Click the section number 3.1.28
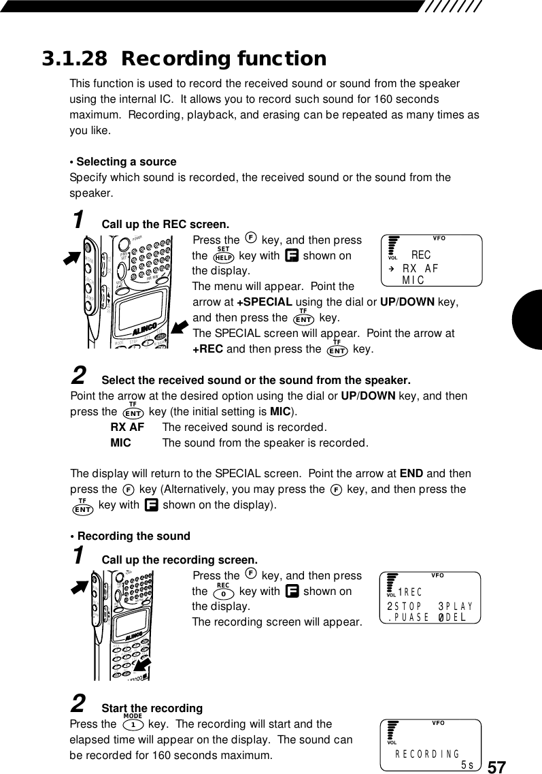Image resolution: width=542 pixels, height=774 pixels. pos(75,59)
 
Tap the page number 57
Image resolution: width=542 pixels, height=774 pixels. pos(497,767)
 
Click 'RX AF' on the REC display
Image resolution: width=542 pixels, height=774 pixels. pos(420,268)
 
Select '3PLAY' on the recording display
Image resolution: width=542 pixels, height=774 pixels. pos(456,605)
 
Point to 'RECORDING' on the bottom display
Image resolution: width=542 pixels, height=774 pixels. pos(428,754)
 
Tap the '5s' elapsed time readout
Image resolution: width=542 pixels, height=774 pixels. pos(467,764)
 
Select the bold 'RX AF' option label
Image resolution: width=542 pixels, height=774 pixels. pos(127,428)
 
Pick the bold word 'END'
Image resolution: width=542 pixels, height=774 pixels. pos(411,474)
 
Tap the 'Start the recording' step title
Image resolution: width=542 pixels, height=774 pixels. pos(152,709)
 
